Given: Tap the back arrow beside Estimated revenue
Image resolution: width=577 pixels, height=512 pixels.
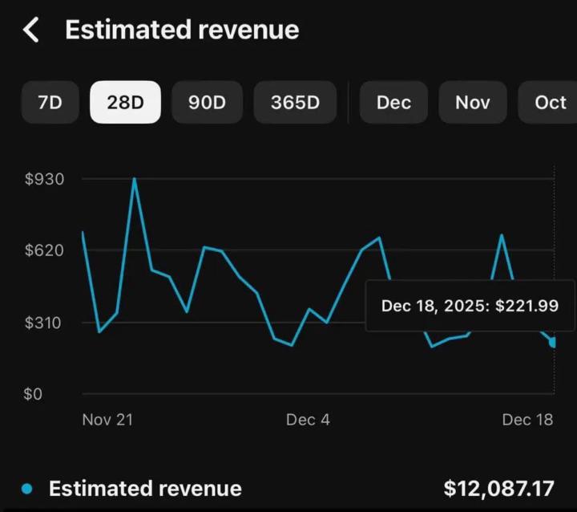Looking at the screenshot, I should tap(30, 30).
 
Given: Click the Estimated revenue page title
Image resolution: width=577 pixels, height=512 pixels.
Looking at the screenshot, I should tap(182, 30).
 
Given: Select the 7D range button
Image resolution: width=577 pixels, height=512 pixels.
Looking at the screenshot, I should tap(50, 103).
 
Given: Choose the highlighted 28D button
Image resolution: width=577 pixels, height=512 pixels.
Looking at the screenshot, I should tap(125, 103).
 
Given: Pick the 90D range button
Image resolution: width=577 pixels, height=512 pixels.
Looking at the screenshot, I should tap(207, 103).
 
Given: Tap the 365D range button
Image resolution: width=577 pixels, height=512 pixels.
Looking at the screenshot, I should tap(295, 103).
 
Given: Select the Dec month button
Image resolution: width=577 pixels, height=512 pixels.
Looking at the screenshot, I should tap(393, 103).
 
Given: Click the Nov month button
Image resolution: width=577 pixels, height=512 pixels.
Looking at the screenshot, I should tap(473, 103).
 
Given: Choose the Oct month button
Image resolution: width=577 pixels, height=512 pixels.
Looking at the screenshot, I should tap(550, 103).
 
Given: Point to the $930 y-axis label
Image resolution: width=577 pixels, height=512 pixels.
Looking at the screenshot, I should tap(45, 179).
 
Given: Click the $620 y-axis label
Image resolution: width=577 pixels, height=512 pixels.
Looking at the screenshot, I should tap(45, 250).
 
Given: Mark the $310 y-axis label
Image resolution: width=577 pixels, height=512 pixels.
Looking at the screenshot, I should tap(45, 323).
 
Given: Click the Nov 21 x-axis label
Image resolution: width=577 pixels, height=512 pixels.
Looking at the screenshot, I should tap(107, 420).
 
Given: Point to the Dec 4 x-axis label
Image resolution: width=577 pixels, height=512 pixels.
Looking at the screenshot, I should tap(308, 420).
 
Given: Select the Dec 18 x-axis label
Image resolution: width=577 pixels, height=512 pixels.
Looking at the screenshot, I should tap(527, 420).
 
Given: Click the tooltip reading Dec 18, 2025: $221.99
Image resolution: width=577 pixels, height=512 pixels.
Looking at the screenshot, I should tap(470, 306).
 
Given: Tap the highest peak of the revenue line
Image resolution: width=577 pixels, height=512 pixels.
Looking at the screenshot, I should tap(134, 179).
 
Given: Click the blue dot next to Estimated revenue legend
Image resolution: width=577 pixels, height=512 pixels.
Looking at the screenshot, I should tap(28, 489).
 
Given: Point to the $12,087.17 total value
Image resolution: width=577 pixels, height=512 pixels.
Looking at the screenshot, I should tap(498, 489).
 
